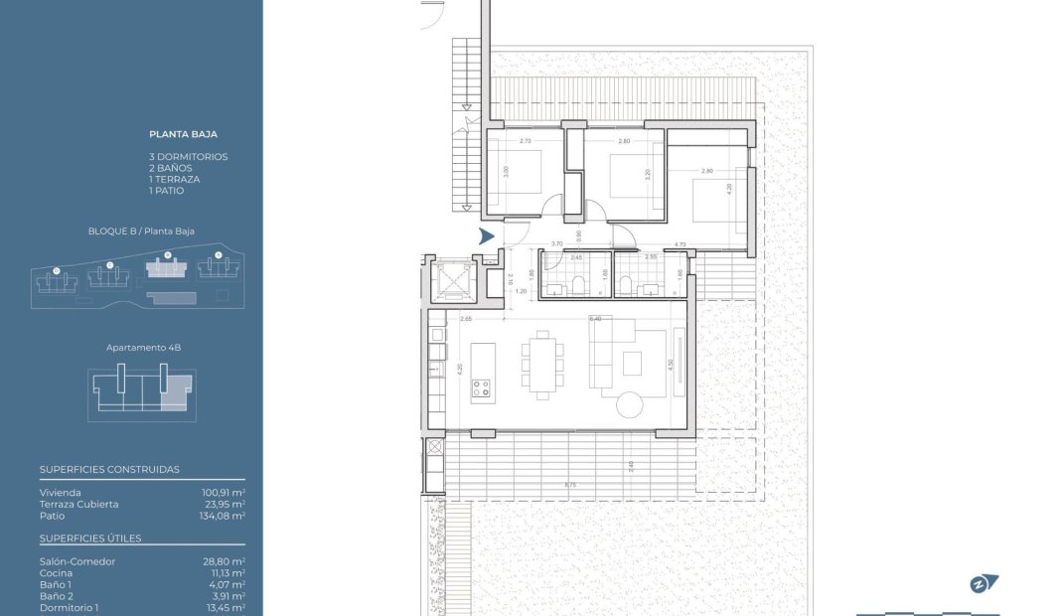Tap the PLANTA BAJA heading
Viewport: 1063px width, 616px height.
point(183,134)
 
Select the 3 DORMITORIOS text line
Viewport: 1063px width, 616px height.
point(188,157)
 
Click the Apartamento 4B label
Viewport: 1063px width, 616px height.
point(143,349)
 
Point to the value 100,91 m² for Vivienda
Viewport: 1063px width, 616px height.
point(224,493)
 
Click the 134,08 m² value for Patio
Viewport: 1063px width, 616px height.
point(224,516)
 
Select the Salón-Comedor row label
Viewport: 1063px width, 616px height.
point(77,562)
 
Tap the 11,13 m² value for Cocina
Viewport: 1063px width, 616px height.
point(224,573)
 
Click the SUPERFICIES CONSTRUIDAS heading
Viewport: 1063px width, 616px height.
point(109,470)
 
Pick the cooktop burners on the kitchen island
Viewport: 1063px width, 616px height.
point(481,387)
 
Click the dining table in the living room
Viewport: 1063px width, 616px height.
point(542,365)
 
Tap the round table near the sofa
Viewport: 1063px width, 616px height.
point(631,404)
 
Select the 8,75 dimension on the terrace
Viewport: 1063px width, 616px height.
point(569,485)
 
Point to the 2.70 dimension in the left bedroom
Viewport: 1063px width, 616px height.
point(526,141)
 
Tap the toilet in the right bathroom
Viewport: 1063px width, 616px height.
point(625,288)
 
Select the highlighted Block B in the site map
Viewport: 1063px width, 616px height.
point(165,269)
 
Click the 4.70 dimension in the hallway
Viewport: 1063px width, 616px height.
point(680,244)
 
